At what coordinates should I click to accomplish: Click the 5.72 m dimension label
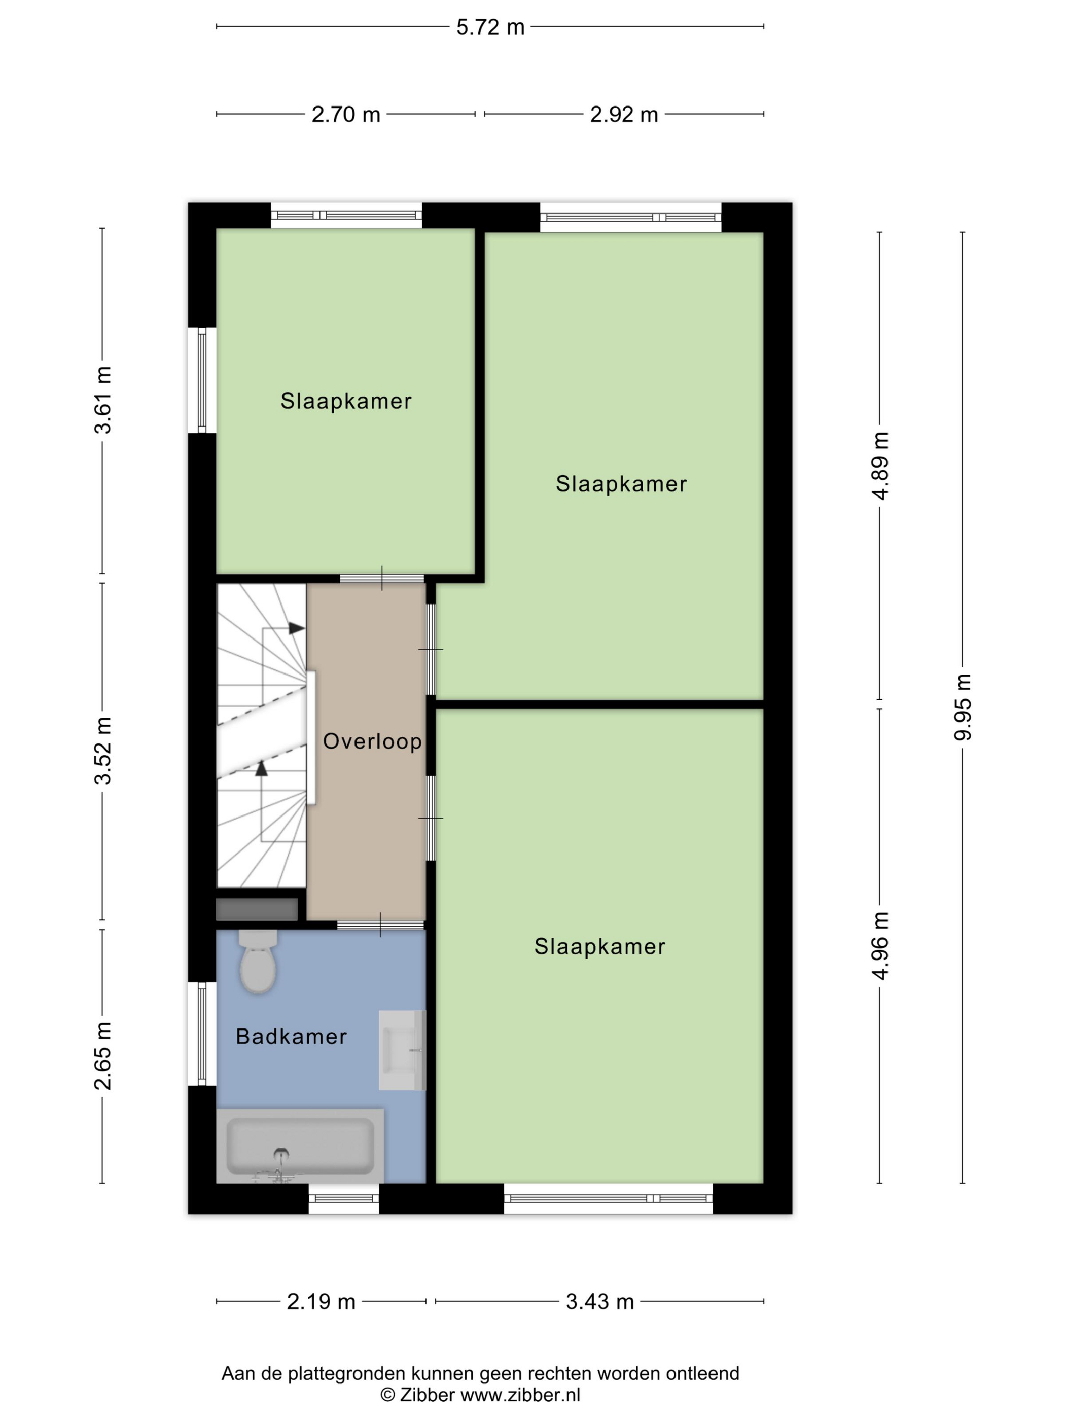click(x=490, y=27)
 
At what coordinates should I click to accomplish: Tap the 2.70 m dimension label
click(x=346, y=115)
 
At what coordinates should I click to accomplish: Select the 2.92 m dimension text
click(x=624, y=115)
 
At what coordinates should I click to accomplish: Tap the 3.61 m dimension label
click(x=103, y=400)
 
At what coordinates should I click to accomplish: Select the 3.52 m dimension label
click(x=103, y=751)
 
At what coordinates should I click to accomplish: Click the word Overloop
click(x=372, y=741)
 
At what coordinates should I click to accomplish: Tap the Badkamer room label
click(x=292, y=1036)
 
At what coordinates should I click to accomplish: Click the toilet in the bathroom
click(x=258, y=962)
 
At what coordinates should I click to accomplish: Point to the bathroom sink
click(x=402, y=1050)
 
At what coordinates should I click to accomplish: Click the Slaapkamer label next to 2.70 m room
click(x=346, y=401)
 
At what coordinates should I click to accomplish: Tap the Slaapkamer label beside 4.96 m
click(x=599, y=947)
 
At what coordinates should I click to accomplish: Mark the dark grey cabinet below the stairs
click(x=257, y=910)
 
